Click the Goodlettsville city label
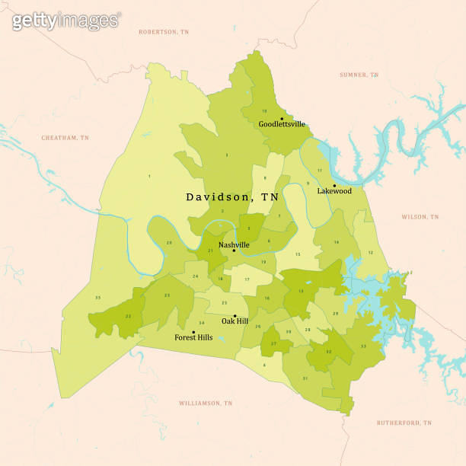[282, 124]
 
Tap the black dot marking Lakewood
[334, 185]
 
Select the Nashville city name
[234, 244]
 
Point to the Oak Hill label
[235, 321]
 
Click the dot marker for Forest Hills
[193, 332]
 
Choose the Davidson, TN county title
[232, 196]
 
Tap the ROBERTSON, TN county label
[163, 32]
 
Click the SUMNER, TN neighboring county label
[358, 75]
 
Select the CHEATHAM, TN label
[65, 138]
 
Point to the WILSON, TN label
[420, 217]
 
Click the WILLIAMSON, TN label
[205, 402]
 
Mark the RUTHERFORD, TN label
[404, 423]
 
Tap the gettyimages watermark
[65, 21]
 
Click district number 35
[97, 297]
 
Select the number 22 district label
[129, 316]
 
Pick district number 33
[362, 346]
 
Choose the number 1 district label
[149, 177]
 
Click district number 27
[273, 344]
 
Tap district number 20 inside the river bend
[169, 243]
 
